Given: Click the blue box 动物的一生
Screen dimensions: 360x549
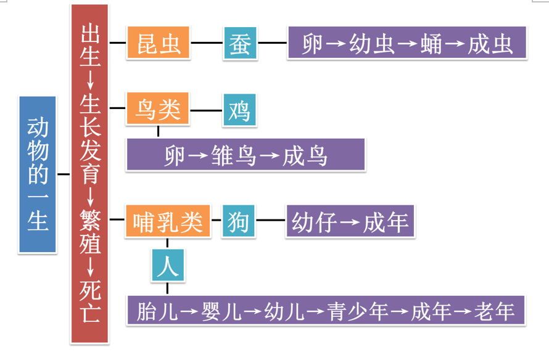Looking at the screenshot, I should pos(38,174).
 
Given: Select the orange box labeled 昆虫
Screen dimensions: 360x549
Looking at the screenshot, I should pos(159,43).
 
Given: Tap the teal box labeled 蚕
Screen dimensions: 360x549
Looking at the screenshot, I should pos(240,43).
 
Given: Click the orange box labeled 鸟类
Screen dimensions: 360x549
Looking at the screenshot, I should pos(158,110).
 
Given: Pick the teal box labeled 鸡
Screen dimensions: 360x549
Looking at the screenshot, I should pos(239,110).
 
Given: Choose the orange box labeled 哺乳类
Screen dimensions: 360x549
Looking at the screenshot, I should pos(168,221).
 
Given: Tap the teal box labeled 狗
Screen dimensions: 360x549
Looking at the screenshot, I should pos(238,221).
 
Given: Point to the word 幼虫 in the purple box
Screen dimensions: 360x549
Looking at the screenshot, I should pos(372,44).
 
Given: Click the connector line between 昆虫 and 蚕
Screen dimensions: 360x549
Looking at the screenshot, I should pos(207,43).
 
